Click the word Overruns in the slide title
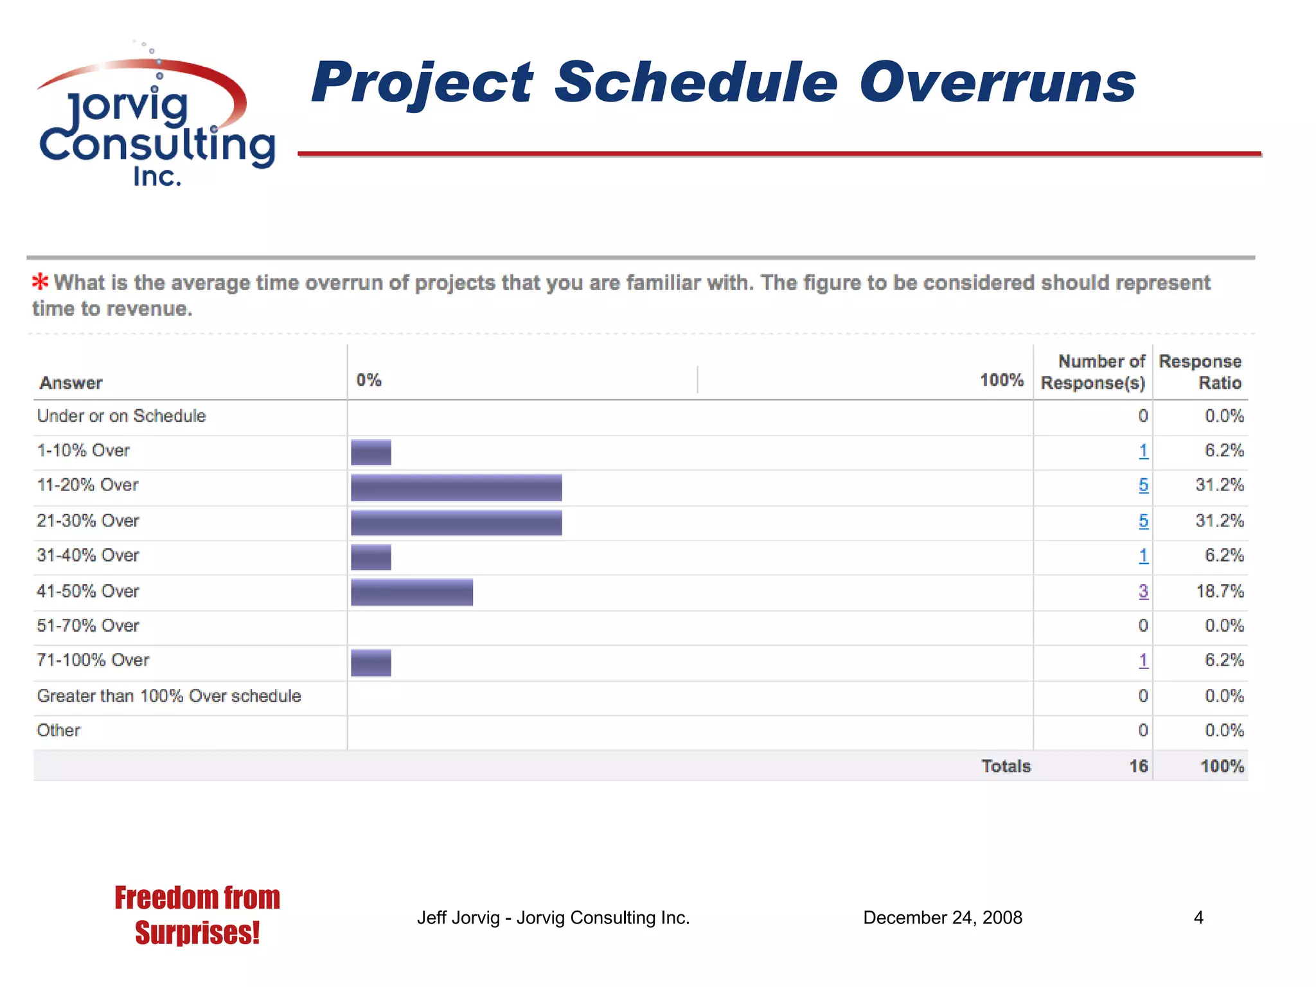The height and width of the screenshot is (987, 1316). [x=997, y=83]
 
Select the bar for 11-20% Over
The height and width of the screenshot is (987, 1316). [x=456, y=487]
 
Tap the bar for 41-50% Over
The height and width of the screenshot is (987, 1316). [x=412, y=592]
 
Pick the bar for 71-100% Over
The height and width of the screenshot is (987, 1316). [x=371, y=662]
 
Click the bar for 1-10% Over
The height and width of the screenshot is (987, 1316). [x=371, y=452]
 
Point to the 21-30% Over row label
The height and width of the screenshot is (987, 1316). [x=88, y=520]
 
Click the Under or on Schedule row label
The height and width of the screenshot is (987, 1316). [x=121, y=416]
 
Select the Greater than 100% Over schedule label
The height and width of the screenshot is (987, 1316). [x=169, y=696]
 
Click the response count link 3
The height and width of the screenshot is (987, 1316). [x=1143, y=591]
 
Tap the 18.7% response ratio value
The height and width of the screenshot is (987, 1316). [x=1219, y=591]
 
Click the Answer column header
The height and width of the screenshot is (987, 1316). [x=71, y=383]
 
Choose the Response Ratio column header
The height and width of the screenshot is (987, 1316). [x=1200, y=372]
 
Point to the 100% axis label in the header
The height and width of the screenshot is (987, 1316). [x=1001, y=380]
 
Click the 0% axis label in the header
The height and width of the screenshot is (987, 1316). [x=369, y=380]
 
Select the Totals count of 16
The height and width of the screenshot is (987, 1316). [x=1138, y=766]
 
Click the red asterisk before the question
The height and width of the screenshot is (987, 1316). [x=40, y=282]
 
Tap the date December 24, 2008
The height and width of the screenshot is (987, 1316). [x=942, y=918]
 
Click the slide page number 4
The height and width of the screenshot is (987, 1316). [x=1198, y=918]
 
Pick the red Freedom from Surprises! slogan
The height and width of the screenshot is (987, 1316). [x=197, y=915]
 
